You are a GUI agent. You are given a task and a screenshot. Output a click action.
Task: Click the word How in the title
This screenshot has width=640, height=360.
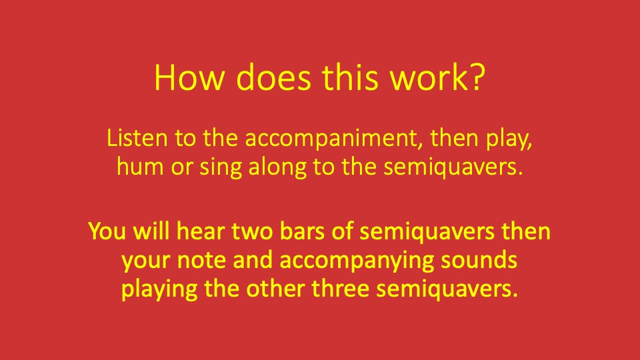coord(186,79)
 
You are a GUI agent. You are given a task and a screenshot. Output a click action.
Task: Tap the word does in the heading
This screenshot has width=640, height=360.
coord(272,79)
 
